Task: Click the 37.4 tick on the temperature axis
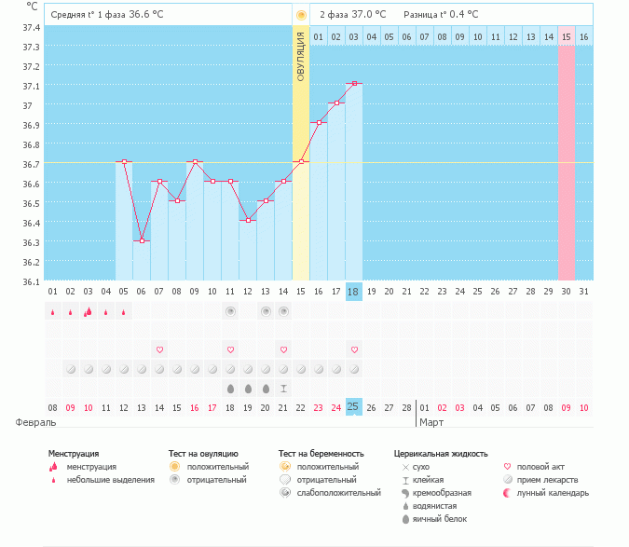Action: tap(31, 27)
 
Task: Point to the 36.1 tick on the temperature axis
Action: tap(31, 281)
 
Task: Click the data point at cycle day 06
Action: tap(142, 240)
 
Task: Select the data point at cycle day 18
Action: tap(354, 84)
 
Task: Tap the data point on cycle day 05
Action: tap(124, 162)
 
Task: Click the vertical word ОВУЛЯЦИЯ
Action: tap(301, 56)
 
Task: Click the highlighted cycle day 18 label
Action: tap(353, 292)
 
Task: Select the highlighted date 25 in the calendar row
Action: tap(353, 407)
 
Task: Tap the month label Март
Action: tap(431, 422)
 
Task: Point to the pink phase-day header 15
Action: tap(566, 36)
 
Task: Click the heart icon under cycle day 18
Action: tap(354, 349)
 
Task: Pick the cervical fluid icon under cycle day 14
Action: tap(283, 388)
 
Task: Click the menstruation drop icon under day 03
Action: tap(89, 311)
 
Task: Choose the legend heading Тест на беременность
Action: tap(321, 453)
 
